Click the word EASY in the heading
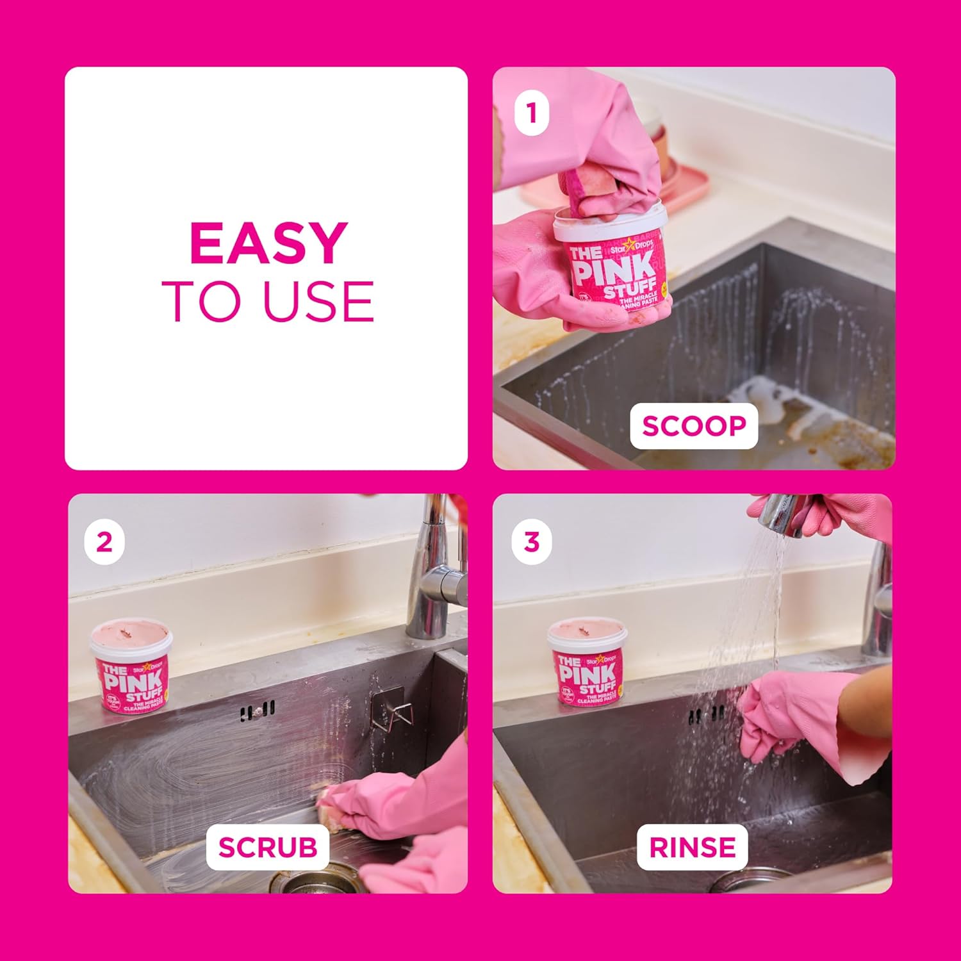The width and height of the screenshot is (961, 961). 268,243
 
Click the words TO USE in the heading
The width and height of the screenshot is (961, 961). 268,301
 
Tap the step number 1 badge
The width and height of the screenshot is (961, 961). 531,113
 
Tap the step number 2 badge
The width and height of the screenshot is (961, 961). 104,543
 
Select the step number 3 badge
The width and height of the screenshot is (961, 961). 531,543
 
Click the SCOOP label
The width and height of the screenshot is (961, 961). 694,426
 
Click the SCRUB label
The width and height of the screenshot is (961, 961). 268,847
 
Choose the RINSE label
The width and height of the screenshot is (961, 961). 693,847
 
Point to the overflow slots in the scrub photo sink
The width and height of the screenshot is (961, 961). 258,710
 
